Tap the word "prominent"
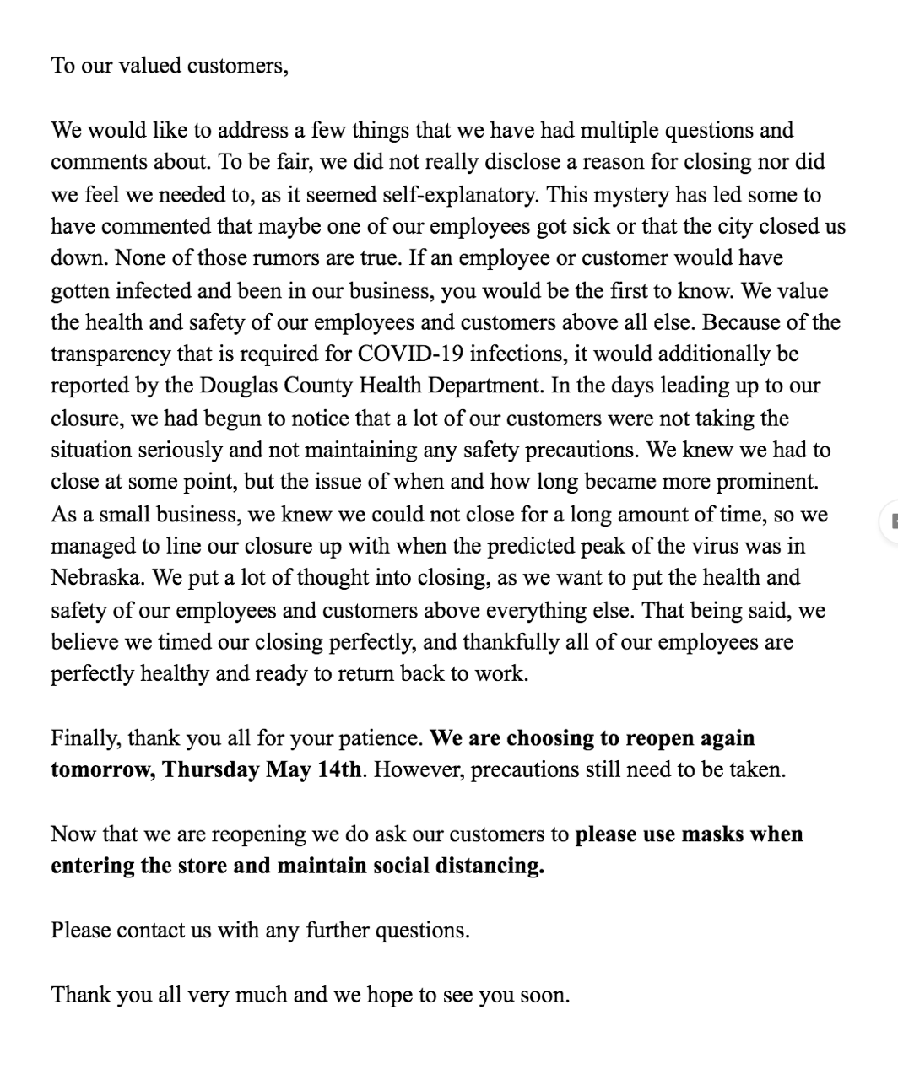pyautogui.click(x=766, y=483)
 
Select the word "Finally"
pyautogui.click(x=86, y=739)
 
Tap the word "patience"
pyautogui.click(x=381, y=739)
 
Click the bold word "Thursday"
pyautogui.click(x=211, y=771)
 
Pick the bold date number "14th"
pyautogui.click(x=338, y=771)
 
